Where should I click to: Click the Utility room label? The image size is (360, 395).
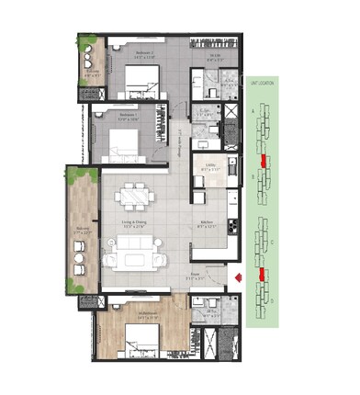[209, 165]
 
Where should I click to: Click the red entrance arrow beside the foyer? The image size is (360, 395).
[237, 276]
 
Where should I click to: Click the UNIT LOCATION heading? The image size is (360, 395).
[260, 84]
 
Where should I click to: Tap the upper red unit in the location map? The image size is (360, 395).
[264, 162]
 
